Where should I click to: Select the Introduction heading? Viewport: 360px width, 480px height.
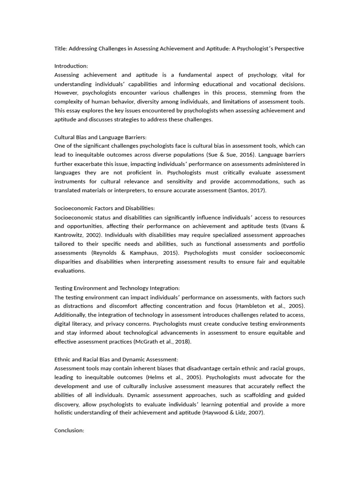[x=71, y=66]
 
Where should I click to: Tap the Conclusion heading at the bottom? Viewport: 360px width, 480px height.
[x=69, y=430]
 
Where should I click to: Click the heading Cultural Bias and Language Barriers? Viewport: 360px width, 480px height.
[x=100, y=137]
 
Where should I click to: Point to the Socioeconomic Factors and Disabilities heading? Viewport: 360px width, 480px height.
[x=105, y=208]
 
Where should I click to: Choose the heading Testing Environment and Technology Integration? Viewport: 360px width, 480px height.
[x=117, y=288]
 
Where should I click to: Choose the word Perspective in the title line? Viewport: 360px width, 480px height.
[x=287, y=48]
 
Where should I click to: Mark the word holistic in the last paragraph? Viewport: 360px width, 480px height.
[x=65, y=412]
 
